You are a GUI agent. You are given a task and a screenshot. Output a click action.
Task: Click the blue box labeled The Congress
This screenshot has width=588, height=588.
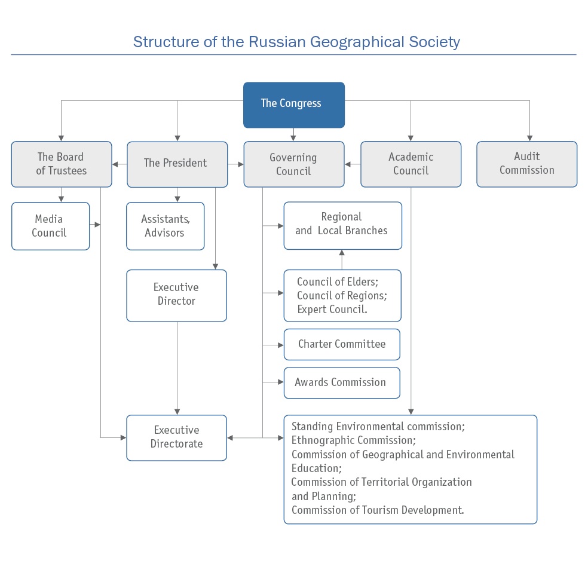pyautogui.click(x=293, y=105)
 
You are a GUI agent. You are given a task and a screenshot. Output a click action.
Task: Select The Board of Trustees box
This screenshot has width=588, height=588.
pyautogui.click(x=62, y=164)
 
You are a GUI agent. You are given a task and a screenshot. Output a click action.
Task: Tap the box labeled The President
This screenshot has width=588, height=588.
pyautogui.click(x=177, y=164)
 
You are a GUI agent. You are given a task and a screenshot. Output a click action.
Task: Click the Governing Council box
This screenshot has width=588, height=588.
pyautogui.click(x=293, y=164)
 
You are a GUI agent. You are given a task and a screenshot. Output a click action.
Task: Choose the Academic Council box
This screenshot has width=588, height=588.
pyautogui.click(x=411, y=164)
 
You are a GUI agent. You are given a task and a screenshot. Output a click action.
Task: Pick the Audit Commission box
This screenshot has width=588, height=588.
pyautogui.click(x=526, y=164)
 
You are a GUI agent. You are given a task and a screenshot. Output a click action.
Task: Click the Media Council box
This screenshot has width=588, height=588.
pyautogui.click(x=50, y=226)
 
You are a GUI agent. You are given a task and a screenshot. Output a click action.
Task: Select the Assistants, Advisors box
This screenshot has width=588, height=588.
pyautogui.click(x=165, y=226)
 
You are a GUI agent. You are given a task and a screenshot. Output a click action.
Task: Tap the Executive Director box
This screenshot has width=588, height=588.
pyautogui.click(x=176, y=295)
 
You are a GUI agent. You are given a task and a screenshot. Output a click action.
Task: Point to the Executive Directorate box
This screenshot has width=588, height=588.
pyautogui.click(x=176, y=437)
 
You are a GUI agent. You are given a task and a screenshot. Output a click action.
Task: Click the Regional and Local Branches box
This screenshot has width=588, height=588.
pyautogui.click(x=342, y=225)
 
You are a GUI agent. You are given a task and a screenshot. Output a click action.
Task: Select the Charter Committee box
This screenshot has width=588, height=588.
pyautogui.click(x=342, y=344)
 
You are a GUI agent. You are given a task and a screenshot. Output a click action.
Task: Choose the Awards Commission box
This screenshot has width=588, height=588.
pyautogui.click(x=341, y=382)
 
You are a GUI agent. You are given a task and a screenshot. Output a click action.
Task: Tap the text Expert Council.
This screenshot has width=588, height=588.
pyautogui.click(x=332, y=310)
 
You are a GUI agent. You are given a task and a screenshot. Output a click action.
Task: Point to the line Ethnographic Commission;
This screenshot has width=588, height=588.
pyautogui.click(x=353, y=440)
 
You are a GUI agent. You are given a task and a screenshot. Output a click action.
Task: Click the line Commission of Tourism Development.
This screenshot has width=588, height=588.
pyautogui.click(x=378, y=510)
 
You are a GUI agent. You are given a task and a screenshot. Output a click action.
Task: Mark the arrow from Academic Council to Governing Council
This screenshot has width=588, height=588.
pyautogui.click(x=353, y=164)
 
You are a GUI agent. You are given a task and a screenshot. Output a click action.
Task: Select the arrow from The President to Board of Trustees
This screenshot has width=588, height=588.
pyautogui.click(x=120, y=164)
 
